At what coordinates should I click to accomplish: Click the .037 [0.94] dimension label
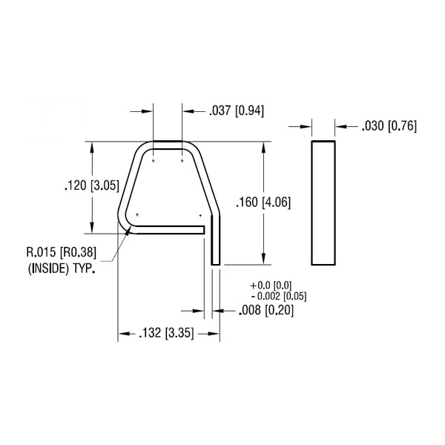point(237,111)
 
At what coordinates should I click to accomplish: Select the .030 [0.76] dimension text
point(389,126)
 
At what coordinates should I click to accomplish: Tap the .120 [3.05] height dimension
point(92,186)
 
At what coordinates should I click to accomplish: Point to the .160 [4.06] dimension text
point(263,202)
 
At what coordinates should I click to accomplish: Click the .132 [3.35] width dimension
point(166,333)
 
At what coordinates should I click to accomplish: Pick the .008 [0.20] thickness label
point(266,310)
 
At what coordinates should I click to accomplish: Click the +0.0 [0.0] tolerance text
point(271,285)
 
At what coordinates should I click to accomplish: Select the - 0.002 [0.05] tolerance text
point(279,296)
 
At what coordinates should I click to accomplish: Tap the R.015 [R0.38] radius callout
point(62,252)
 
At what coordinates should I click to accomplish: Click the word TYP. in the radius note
point(84,268)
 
